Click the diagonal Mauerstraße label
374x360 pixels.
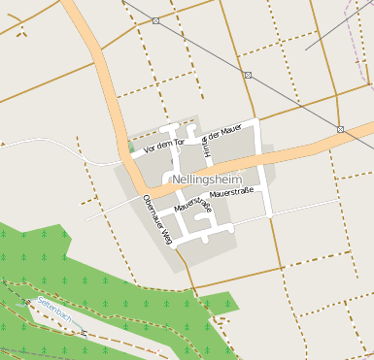pyautogui.click(x=191, y=206)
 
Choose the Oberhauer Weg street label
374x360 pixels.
pyautogui.click(x=156, y=216)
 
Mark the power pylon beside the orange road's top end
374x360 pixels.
pyautogui.click(x=155, y=20)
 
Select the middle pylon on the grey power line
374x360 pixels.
pyautogui.click(x=248, y=75)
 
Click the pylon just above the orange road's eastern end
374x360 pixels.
pyautogui.click(x=340, y=129)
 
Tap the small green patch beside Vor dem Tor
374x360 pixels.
pyautogui.click(x=131, y=147)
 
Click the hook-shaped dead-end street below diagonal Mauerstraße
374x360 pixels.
pyautogui.click(x=203, y=231)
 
